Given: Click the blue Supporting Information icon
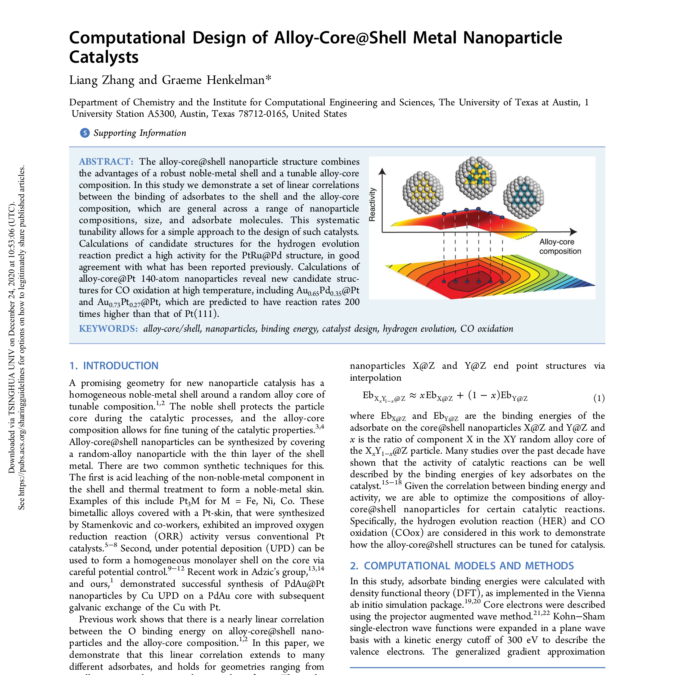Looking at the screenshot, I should tap(84, 133).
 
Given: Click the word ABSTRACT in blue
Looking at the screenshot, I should tap(106, 161).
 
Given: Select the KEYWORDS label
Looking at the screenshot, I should tap(108, 328).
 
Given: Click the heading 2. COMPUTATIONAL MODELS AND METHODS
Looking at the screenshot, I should tap(462, 566).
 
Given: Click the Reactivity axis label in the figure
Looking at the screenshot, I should tap(372, 204).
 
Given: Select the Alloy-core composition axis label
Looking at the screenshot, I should tap(560, 246).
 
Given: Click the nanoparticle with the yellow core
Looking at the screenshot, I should tap(423, 192).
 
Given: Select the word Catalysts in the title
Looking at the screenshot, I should tap(104, 57).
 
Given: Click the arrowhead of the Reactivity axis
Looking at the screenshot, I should tap(382, 171).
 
